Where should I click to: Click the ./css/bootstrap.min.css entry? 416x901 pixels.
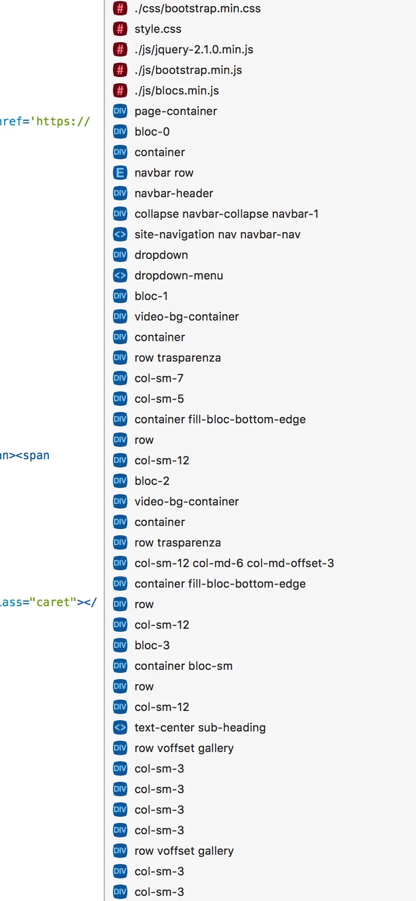[x=197, y=9]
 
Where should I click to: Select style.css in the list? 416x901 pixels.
[x=158, y=29]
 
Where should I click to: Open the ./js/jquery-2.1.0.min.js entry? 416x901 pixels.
[x=194, y=50]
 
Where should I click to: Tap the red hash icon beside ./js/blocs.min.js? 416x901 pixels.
[x=120, y=90]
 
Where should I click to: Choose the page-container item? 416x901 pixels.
[x=176, y=111]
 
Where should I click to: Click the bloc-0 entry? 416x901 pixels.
[x=152, y=132]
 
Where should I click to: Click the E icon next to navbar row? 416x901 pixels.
[x=120, y=173]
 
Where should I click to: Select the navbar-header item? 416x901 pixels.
[x=174, y=194]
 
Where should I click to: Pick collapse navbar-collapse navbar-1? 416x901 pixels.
[x=226, y=214]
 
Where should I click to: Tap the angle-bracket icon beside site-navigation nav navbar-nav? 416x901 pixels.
[x=120, y=234]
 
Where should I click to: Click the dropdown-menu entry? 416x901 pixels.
[x=179, y=276]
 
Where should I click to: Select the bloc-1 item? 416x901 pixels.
[x=151, y=296]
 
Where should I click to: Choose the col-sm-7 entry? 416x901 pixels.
[x=159, y=379]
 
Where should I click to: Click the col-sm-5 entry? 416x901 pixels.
[x=159, y=399]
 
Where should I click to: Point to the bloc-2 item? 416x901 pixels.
[x=152, y=481]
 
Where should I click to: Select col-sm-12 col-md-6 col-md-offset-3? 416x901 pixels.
[x=234, y=564]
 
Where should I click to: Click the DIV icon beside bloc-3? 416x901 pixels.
[x=120, y=645]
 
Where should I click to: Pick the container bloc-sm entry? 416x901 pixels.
[x=183, y=666]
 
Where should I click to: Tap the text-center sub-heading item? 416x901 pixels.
[x=200, y=728]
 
